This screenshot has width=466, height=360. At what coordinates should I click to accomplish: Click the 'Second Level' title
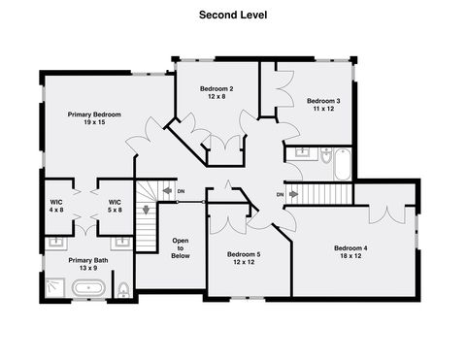[x=233, y=15]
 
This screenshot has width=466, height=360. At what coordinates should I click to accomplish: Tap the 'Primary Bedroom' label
[x=93, y=115]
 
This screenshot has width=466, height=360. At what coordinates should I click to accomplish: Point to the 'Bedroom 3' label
[x=323, y=101]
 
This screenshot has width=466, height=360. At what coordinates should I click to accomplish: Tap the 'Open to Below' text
[x=181, y=248]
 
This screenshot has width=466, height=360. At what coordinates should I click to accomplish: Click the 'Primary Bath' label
[x=88, y=261]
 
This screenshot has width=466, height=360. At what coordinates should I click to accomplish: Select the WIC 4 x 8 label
[x=56, y=202]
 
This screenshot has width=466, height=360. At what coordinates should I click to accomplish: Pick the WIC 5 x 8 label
[x=114, y=202]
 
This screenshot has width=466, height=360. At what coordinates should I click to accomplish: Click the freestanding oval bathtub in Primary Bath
[x=89, y=288]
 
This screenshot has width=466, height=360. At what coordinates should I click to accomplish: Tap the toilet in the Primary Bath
[x=122, y=289]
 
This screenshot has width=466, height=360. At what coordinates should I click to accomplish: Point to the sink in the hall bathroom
[x=301, y=152]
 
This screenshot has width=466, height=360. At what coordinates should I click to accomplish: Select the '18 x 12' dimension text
[x=350, y=256]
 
